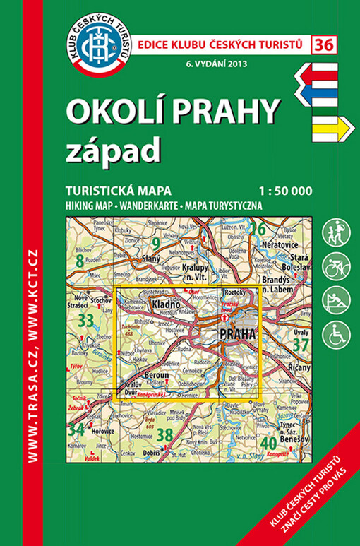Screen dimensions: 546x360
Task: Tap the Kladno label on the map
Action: pyautogui.click(x=164, y=306)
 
